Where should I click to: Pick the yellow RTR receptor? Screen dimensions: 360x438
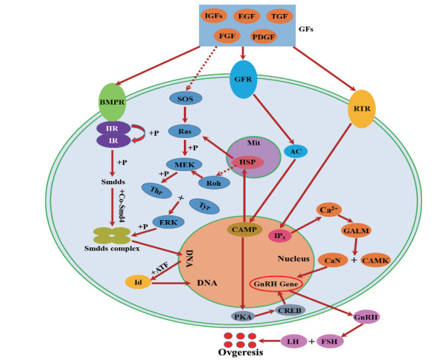pos(361,107)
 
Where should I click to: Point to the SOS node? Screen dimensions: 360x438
pos(184,98)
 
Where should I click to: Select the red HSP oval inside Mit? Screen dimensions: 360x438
pos(248,162)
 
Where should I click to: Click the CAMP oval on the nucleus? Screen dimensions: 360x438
pos(244,229)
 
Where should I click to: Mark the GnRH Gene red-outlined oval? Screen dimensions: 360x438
pos(275,284)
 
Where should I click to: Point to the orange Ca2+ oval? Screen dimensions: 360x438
pos(328,210)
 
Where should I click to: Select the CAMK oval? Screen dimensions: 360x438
pos(376,259)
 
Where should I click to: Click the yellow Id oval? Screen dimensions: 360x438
pos(137,282)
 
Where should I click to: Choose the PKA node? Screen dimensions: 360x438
pos(243,316)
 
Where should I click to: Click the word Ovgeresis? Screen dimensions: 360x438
pos(241,353)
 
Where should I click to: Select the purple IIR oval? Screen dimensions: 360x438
pos(112,127)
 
